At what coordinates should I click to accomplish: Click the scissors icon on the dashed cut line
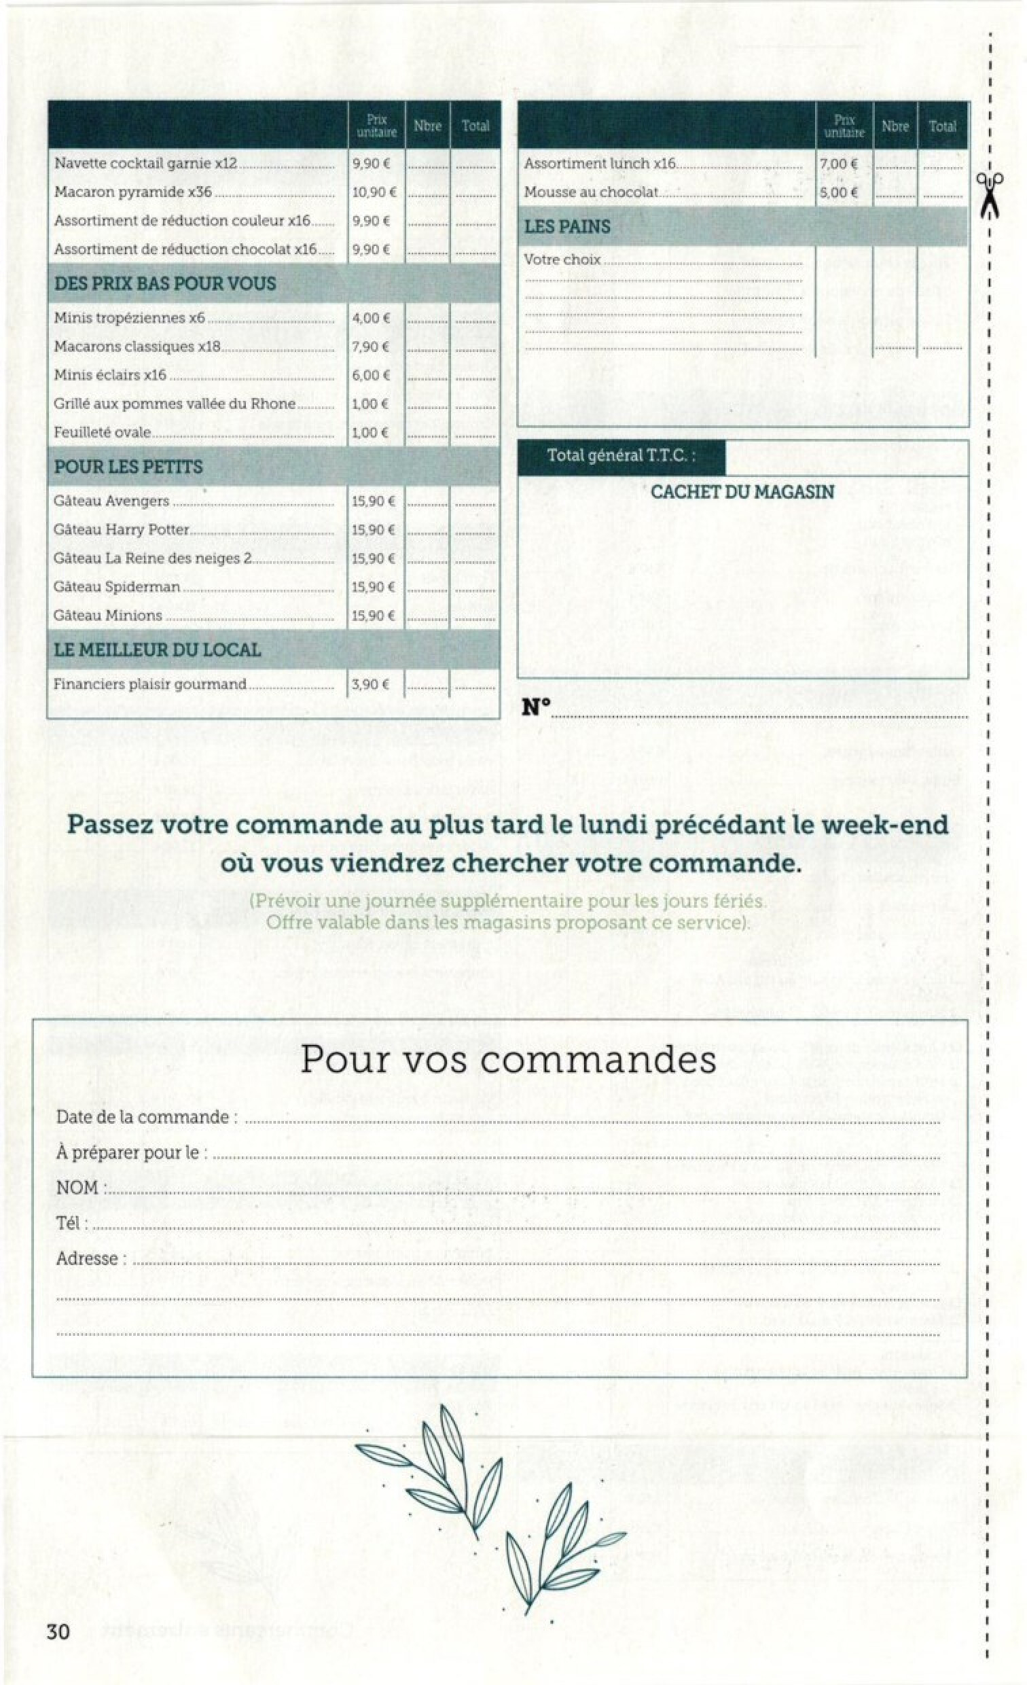(990, 193)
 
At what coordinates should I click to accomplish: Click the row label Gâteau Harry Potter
(122, 530)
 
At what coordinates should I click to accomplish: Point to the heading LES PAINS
(567, 226)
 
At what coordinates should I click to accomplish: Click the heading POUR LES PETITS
(128, 467)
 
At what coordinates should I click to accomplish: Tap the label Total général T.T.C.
(620, 455)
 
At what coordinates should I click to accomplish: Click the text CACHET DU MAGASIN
(742, 492)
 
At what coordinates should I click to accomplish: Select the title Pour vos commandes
(508, 1059)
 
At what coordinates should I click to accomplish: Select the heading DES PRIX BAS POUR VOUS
(165, 284)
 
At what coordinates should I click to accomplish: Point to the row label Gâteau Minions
(108, 616)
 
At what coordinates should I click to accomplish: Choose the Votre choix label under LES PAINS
(562, 260)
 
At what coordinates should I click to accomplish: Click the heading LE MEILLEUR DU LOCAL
(158, 650)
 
